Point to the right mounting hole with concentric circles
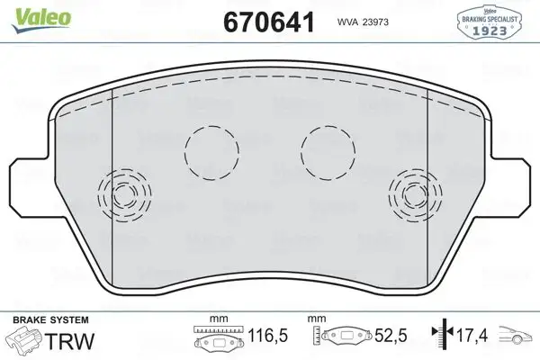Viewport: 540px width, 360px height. click(415, 193)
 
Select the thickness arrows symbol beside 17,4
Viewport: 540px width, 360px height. click(440, 340)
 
